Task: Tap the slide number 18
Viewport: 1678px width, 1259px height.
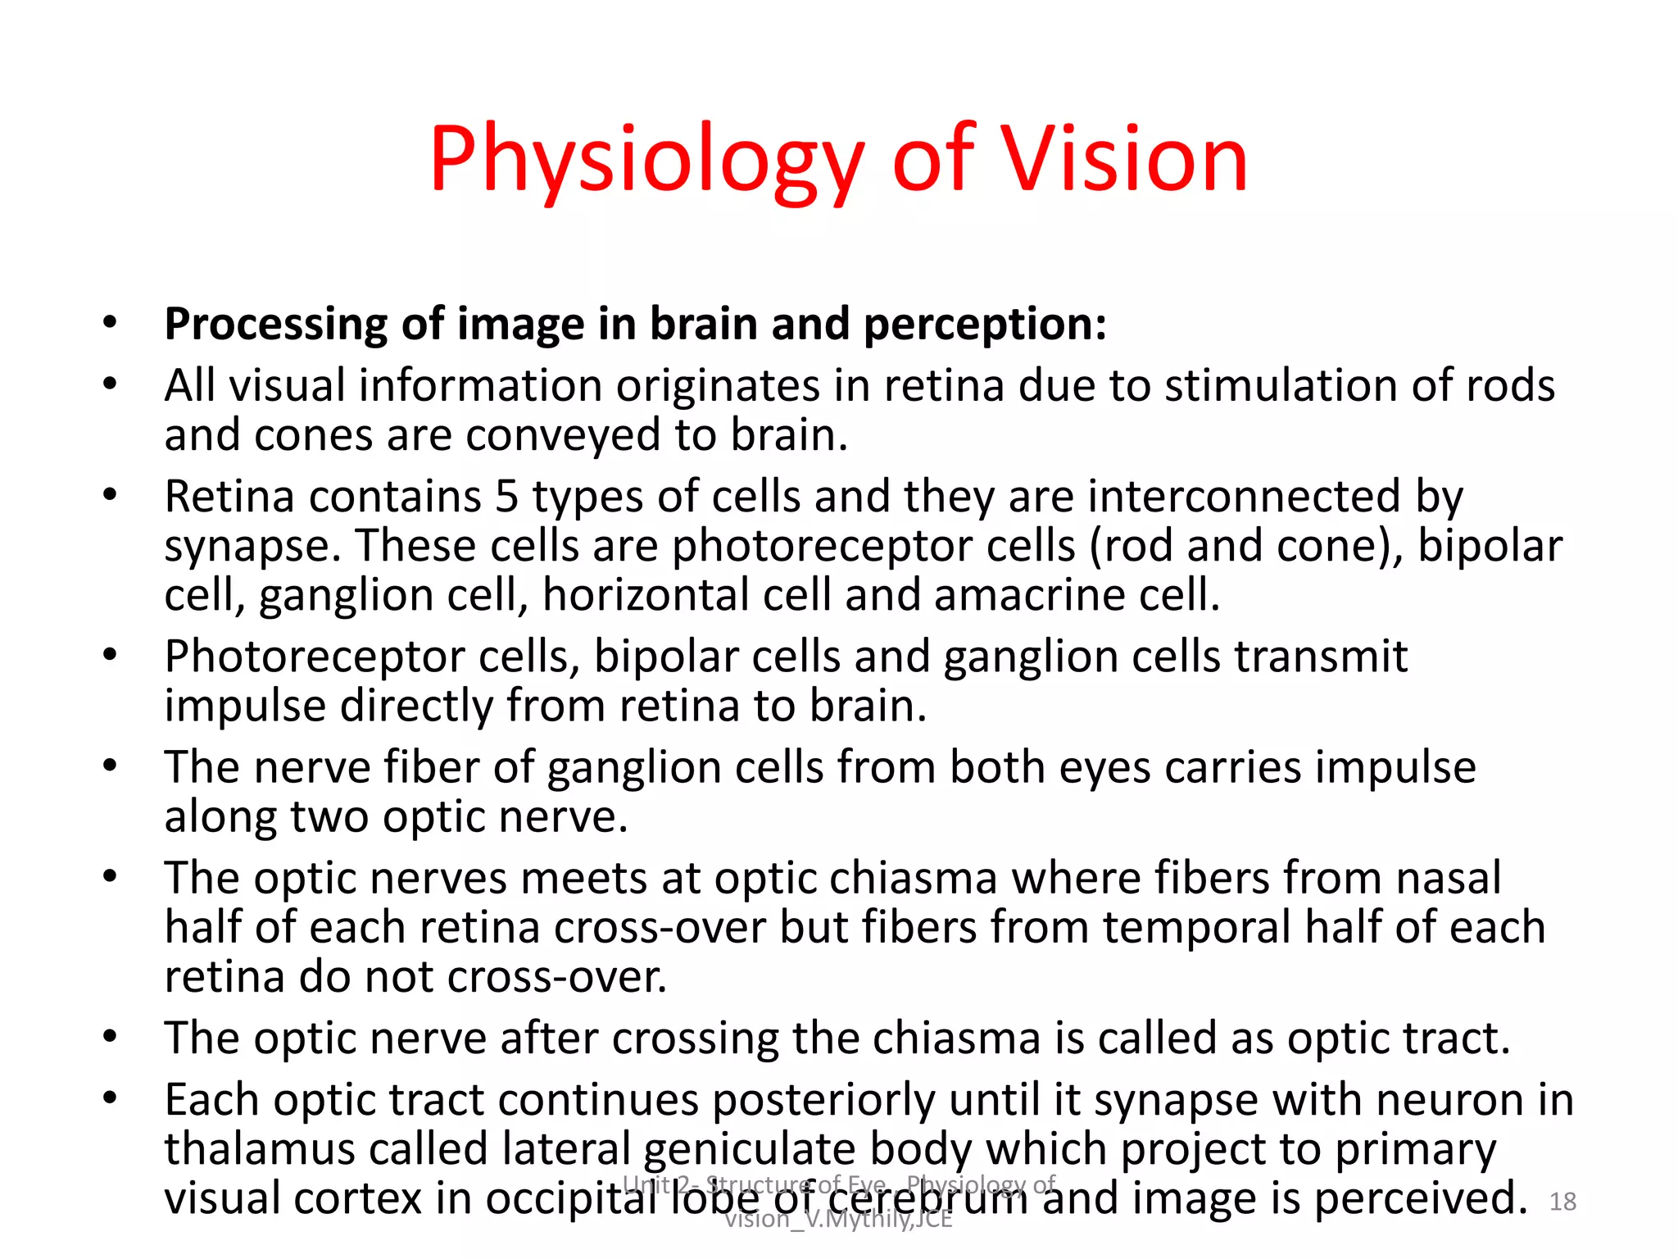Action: pos(1563,1202)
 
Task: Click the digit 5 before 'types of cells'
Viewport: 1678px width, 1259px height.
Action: pos(507,497)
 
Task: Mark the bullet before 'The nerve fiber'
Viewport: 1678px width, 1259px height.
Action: pos(110,766)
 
